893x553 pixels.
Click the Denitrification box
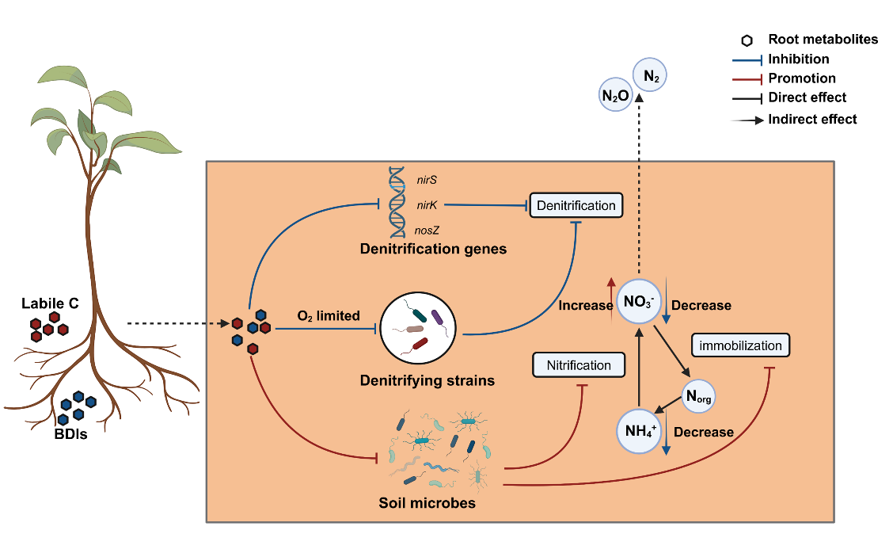(x=576, y=205)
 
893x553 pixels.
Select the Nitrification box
(x=579, y=365)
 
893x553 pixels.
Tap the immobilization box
(x=741, y=345)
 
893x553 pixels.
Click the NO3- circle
(x=639, y=301)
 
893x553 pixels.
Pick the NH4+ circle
(x=639, y=430)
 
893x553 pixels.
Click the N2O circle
(x=616, y=97)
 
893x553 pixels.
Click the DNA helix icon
(x=400, y=204)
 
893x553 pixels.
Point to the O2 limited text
(x=328, y=315)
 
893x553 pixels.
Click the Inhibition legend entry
(x=798, y=59)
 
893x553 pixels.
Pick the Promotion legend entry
(x=801, y=78)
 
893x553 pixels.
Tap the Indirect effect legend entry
(x=812, y=120)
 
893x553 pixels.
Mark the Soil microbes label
(x=427, y=502)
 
